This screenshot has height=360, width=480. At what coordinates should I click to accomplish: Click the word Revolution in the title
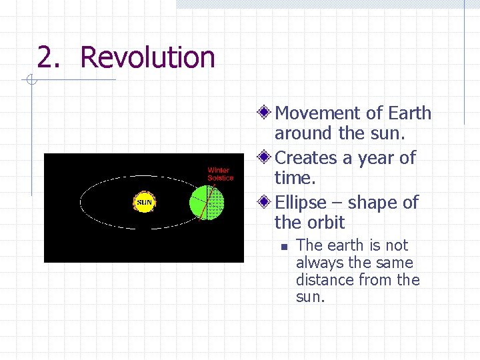point(147,57)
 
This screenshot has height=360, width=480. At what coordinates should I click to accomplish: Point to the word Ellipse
point(301,202)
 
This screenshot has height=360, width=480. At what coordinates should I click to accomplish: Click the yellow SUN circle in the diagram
point(145,201)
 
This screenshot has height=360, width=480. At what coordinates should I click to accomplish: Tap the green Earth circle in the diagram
point(207,203)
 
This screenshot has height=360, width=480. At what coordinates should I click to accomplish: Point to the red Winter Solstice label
point(220,174)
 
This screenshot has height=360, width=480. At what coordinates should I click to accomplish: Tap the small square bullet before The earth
point(283,247)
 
